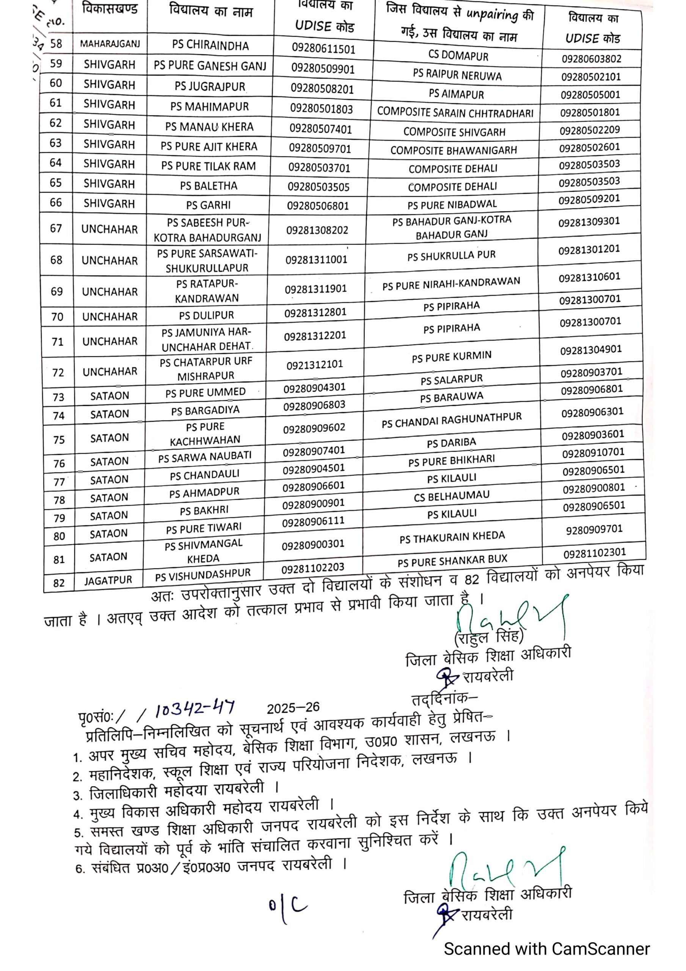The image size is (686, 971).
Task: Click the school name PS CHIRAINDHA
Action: click(210, 45)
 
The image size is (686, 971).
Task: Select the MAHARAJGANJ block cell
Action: click(110, 44)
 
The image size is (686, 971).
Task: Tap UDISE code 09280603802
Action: click(591, 59)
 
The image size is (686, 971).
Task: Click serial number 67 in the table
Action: click(56, 229)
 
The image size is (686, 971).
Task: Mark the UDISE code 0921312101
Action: click(314, 364)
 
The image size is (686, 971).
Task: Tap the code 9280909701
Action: click(594, 529)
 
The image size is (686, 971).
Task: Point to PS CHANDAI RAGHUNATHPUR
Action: click(451, 420)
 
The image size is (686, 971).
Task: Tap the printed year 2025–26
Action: click(293, 708)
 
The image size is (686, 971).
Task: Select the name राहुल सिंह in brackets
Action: click(488, 636)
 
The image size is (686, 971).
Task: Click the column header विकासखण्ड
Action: click(110, 9)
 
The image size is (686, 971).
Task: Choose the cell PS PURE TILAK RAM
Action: click(208, 166)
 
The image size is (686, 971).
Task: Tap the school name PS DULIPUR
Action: click(206, 315)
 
